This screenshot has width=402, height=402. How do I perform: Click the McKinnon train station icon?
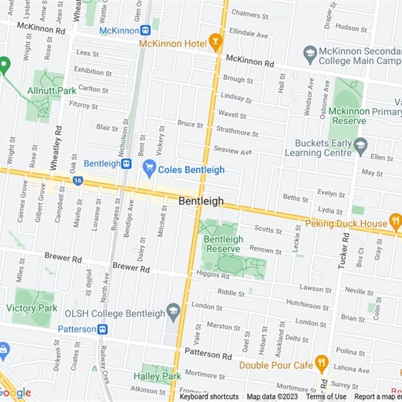point(146,31)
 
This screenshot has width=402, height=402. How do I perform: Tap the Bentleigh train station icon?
point(126,163)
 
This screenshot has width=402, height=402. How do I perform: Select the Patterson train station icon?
point(103,329)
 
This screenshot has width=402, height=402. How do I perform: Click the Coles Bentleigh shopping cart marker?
point(149,169)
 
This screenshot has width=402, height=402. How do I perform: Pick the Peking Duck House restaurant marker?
point(395,222)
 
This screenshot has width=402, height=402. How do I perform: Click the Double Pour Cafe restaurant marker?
point(322,364)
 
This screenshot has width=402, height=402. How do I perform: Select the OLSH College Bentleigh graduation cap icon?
point(173,313)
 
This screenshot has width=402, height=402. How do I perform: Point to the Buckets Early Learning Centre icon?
point(360,147)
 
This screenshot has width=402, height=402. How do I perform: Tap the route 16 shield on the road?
point(77,180)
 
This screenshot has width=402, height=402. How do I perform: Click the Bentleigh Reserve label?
point(224,244)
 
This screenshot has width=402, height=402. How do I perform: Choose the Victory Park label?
point(31,308)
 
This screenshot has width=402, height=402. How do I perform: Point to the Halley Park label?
point(157,376)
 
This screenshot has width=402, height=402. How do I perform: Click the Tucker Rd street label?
point(344,250)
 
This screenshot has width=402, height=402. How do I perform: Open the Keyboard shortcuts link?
point(209,397)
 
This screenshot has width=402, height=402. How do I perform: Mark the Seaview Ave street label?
point(233,151)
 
